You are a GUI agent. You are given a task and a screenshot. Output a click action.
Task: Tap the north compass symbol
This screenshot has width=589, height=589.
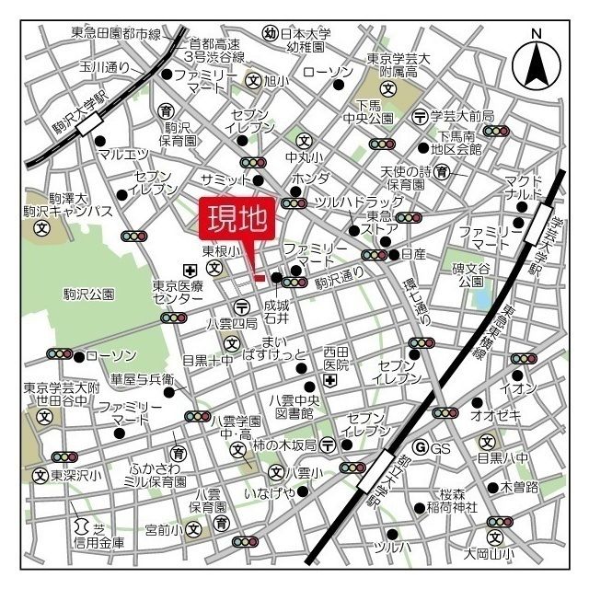point(537,61)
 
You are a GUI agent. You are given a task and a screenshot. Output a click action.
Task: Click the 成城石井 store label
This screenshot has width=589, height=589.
point(276,310)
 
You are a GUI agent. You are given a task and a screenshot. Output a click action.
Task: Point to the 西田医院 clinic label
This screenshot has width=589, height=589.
point(336,359)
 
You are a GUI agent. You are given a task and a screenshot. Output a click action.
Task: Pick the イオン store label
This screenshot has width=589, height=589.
point(518,388)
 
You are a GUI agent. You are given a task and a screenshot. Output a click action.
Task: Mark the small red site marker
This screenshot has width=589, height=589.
point(260,277)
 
